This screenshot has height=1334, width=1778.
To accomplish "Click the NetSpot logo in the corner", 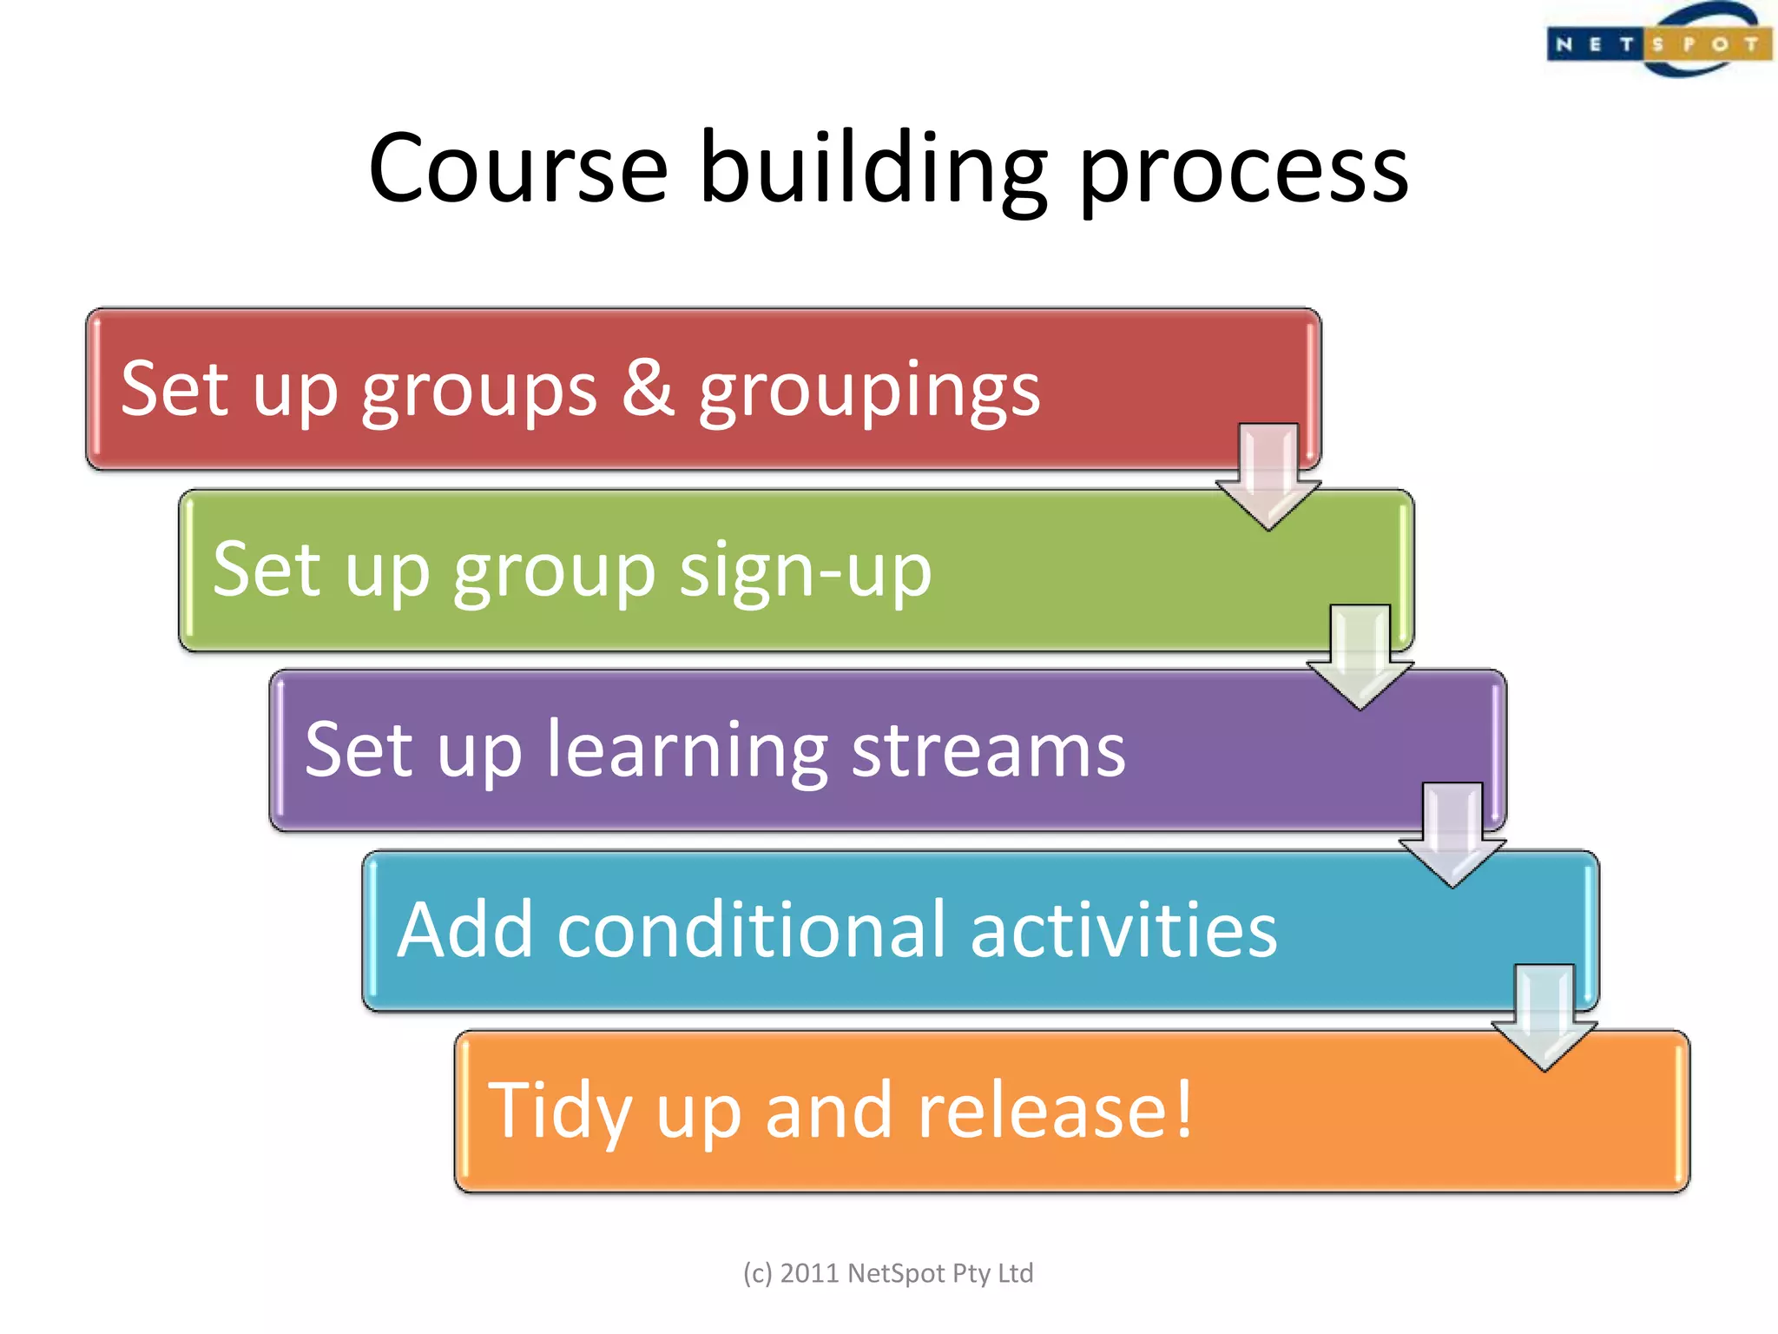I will [x=1658, y=42].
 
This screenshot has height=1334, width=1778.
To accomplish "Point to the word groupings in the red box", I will [x=869, y=393].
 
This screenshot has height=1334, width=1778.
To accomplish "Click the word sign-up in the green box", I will [x=805, y=571].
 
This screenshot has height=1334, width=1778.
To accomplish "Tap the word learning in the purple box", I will [x=687, y=752].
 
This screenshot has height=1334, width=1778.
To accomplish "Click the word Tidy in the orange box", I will [x=560, y=1112].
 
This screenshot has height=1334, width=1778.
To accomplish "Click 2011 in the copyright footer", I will [x=809, y=1273].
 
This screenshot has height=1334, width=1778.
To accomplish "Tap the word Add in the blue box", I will [x=464, y=929].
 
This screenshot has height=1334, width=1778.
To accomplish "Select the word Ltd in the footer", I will [x=1015, y=1273].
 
